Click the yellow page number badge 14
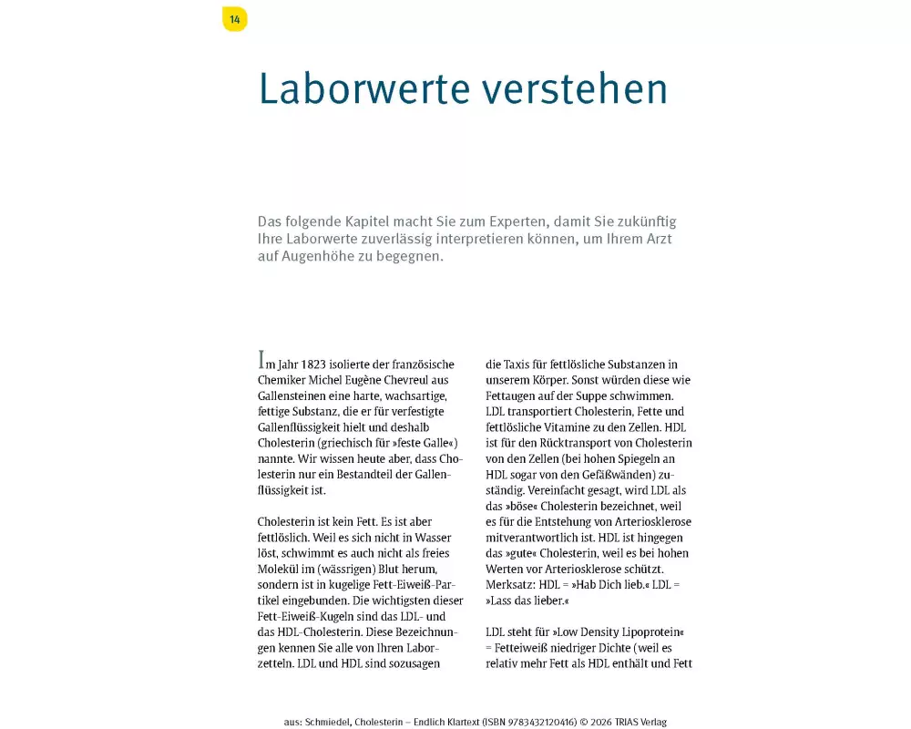click(234, 19)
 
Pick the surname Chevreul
click(422, 380)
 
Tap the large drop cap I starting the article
click(262, 360)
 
